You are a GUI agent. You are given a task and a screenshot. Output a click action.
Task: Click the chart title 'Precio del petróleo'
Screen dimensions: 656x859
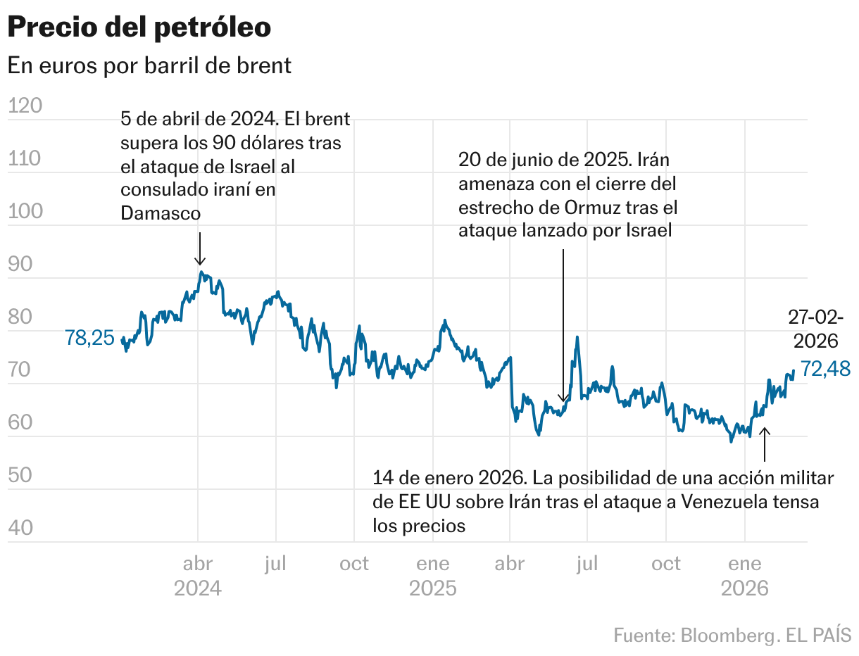[139, 27]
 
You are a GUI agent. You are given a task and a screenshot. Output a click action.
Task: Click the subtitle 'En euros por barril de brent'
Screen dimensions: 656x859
[149, 65]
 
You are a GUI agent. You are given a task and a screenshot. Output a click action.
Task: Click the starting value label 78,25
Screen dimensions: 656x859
[89, 338]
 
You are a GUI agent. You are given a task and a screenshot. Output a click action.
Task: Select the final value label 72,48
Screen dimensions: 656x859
[824, 368]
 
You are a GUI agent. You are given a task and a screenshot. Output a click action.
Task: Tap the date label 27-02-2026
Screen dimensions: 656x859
[815, 329]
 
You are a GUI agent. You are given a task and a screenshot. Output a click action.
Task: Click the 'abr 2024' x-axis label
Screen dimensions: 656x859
[198, 575]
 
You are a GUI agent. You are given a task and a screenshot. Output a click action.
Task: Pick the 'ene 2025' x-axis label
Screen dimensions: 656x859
[432, 575]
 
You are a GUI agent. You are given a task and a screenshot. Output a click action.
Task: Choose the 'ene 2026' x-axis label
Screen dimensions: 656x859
[744, 575]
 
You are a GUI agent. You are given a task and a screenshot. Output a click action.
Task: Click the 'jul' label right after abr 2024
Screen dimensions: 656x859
[276, 564]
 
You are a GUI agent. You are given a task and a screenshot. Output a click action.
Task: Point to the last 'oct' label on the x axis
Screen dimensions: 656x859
[665, 564]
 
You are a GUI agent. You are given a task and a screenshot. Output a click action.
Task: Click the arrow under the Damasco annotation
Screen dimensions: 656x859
[200, 249]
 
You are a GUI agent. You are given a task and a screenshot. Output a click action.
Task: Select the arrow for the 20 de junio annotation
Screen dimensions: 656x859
[563, 324]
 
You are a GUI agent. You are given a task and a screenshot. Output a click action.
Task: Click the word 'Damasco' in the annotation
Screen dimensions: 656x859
[161, 213]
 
